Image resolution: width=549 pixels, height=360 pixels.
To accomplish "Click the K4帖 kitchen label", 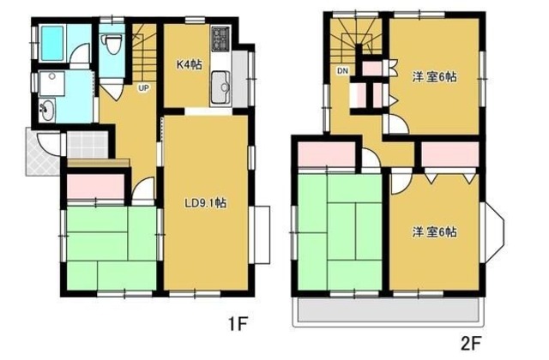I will [x=189, y=65].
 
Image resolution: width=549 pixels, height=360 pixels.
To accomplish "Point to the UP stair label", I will [x=143, y=87].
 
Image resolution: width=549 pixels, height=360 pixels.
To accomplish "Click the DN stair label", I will [x=342, y=70].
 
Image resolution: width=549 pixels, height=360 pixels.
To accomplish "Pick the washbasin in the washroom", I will [x=46, y=109].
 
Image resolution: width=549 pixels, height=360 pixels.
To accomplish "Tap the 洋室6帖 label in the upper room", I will [x=435, y=76].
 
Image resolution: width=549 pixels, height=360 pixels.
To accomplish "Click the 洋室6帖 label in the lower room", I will [x=434, y=232].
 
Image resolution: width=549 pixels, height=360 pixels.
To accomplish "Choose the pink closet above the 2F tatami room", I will [x=327, y=156].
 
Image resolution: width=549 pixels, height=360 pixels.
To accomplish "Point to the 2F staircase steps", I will [x=355, y=39].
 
